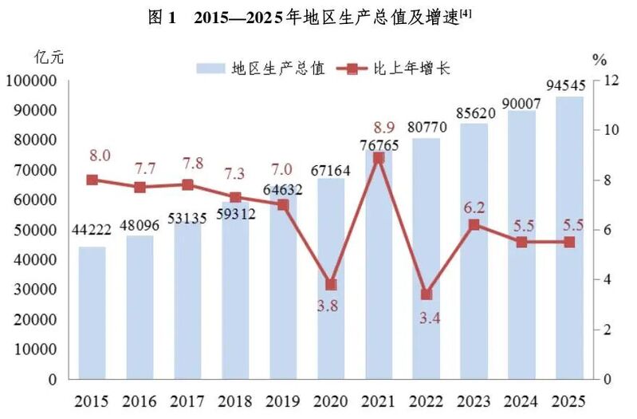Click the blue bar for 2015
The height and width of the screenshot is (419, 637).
pos(92,313)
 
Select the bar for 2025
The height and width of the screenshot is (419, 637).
pos(569,238)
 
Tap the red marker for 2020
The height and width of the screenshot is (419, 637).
pos(331,284)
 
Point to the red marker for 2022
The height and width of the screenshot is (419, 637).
pos(427,294)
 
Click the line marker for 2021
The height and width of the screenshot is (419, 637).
pos(379,158)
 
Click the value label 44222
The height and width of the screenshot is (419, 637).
pos(92,230)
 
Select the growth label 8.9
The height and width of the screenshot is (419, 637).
pos(384,128)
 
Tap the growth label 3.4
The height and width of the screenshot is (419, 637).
pos(430,318)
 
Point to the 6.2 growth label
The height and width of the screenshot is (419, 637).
pos(474,208)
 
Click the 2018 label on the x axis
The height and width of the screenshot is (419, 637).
pos(235,402)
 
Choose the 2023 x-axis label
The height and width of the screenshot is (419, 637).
pos(474,402)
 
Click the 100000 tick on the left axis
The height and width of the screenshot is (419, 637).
pos(31,81)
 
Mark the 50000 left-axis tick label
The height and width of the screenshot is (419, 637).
pos(35,230)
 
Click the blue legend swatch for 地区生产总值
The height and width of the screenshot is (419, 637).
pos(210,69)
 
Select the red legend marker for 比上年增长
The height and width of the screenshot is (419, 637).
pos(352,69)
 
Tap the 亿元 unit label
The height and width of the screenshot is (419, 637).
pos(49,57)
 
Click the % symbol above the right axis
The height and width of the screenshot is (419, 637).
pos(600,60)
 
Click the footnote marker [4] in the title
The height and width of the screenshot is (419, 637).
pos(466,14)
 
